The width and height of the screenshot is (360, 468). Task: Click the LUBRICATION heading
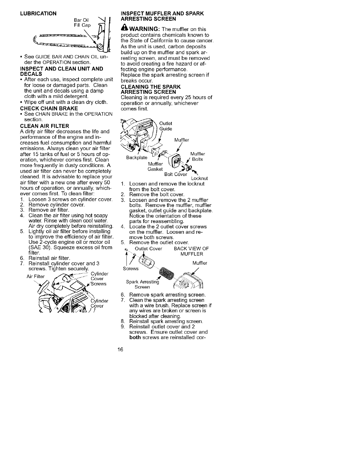point(38,13)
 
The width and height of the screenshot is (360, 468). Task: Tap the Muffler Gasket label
point(155,166)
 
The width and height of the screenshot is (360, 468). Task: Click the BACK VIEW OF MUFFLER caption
point(192,251)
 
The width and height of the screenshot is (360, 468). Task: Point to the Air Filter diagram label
point(35,276)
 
